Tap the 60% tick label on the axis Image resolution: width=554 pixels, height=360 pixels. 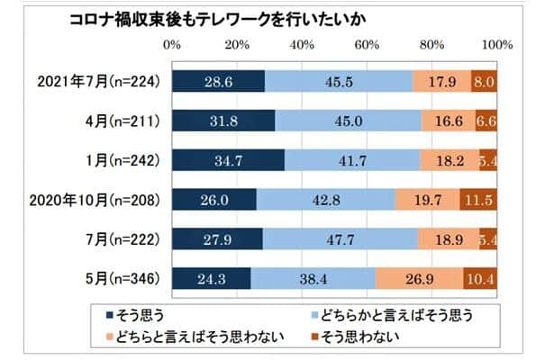pyautogui.click(x=367, y=44)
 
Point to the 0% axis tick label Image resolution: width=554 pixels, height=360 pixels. pyautogui.click(x=172, y=44)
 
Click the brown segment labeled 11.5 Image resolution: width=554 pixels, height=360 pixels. pyautogui.click(x=477, y=199)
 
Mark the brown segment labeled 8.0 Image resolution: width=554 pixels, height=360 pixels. pyautogui.click(x=484, y=80)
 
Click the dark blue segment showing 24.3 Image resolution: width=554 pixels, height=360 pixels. pyautogui.click(x=212, y=278)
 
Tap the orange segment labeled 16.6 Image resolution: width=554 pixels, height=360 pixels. pyautogui.click(x=449, y=120)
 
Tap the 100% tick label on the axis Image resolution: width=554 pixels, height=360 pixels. pyautogui.click(x=497, y=44)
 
